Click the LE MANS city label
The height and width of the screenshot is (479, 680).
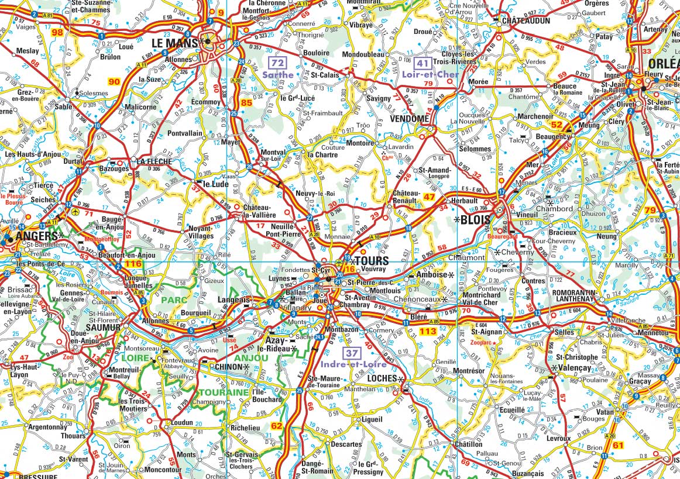click(x=174, y=43)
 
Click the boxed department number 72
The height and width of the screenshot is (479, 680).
click(x=277, y=63)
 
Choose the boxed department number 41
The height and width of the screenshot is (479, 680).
click(x=422, y=63)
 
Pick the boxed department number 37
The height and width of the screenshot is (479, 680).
click(x=351, y=353)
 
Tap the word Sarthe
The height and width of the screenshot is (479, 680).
click(x=277, y=75)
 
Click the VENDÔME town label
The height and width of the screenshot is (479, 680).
click(x=409, y=118)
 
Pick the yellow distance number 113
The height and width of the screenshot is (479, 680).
click(x=429, y=331)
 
